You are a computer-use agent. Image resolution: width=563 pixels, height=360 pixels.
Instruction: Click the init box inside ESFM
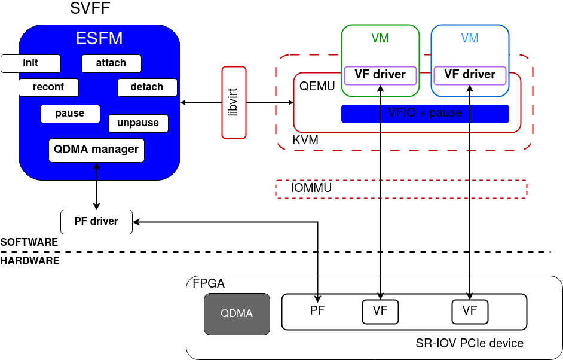tap(31, 63)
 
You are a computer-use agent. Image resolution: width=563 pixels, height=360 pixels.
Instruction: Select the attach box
tap(111, 63)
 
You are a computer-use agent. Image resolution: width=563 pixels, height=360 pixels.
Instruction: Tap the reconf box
tap(48, 87)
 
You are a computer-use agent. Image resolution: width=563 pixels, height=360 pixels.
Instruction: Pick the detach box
tap(147, 87)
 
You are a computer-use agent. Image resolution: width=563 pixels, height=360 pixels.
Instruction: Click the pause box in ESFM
tap(70, 114)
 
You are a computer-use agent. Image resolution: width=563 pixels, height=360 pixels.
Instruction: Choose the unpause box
tap(138, 123)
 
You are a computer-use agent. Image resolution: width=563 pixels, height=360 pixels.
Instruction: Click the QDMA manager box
tap(96, 150)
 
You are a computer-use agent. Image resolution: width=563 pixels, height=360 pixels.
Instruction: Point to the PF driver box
tap(96, 222)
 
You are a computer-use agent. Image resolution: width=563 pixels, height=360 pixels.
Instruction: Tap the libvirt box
tap(234, 103)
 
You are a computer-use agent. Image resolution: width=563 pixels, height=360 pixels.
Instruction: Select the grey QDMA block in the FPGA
tap(237, 314)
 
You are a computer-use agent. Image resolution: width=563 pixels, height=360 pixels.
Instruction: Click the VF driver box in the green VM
tap(380, 75)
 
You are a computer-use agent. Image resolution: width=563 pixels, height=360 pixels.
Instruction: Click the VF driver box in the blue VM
tap(470, 75)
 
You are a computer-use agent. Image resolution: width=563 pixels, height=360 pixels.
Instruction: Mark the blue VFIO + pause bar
tap(425, 114)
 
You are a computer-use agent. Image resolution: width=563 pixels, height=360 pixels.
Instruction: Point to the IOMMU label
tap(311, 188)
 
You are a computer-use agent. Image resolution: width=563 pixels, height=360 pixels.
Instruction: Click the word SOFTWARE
tap(29, 243)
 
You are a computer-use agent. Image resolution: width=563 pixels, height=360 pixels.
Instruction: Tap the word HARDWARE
tap(30, 261)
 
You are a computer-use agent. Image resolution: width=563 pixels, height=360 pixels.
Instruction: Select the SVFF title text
tap(90, 9)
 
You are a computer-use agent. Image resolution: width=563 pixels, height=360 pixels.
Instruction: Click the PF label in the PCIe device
tap(317, 311)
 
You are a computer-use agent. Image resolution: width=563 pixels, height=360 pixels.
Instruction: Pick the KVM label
tap(305, 141)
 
